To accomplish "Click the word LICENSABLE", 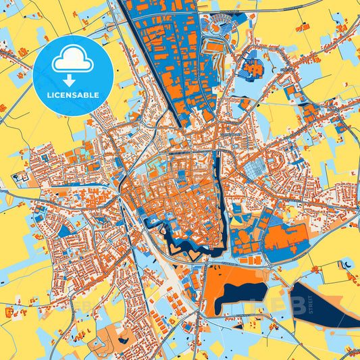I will click(72, 96).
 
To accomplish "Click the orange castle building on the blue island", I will click(255, 67).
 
